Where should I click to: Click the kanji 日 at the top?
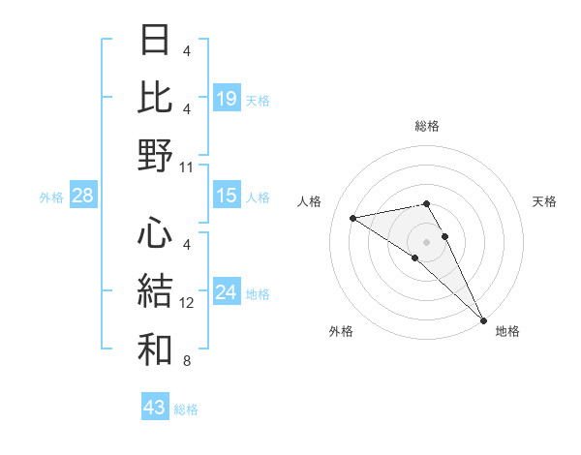(155, 42)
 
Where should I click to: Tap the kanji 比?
(155, 99)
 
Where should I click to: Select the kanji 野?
(155, 156)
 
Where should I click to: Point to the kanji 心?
(155, 233)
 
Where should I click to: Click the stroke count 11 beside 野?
(187, 167)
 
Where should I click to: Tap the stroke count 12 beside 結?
(187, 303)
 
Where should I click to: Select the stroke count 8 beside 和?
(187, 361)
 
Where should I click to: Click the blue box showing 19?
(227, 98)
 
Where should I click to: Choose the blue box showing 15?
(227, 196)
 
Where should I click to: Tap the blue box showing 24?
(227, 293)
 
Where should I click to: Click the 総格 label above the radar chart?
(426, 126)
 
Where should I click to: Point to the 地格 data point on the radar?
(482, 319)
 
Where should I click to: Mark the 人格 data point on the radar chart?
(353, 218)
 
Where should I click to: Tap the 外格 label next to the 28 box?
(51, 197)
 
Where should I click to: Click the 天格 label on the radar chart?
(544, 201)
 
